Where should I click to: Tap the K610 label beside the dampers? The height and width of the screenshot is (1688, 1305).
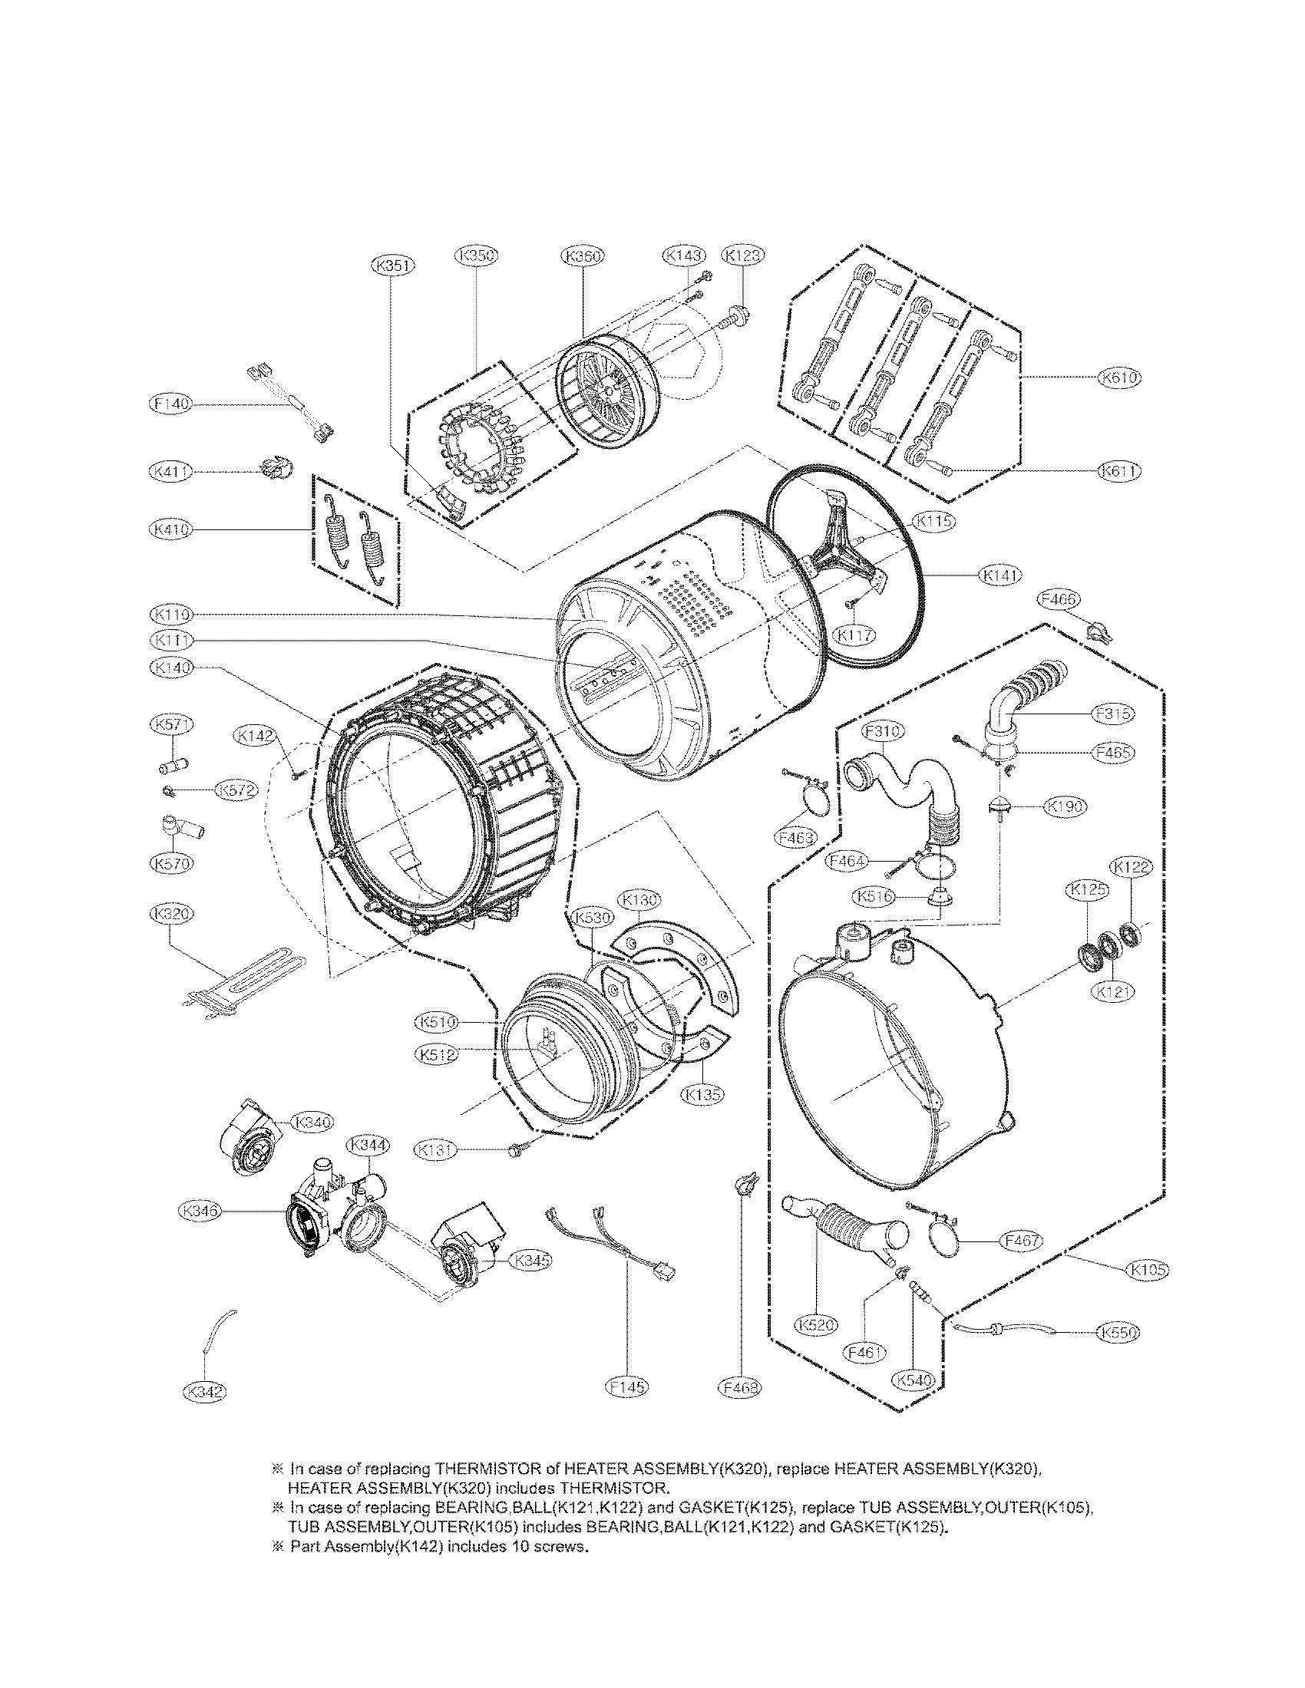click(1118, 377)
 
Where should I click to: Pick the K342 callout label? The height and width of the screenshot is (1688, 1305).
click(204, 1392)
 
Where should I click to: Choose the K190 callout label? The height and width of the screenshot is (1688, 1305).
click(1065, 806)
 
